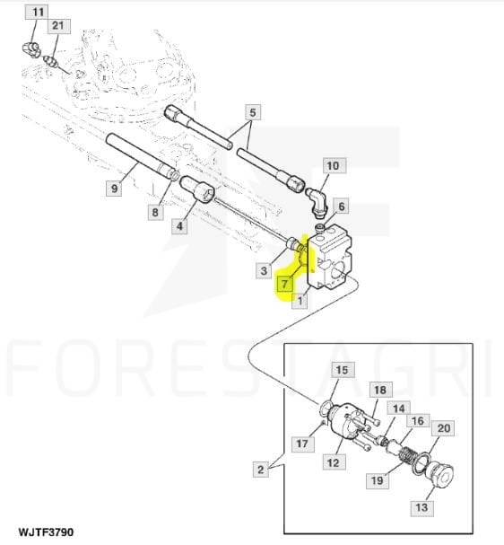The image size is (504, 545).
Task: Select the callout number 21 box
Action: coord(59,26)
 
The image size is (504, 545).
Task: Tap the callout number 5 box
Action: coord(253,112)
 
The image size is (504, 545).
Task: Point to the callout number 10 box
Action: coord(335,166)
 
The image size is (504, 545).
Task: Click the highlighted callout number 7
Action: coord(285,284)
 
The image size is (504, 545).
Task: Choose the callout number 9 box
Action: coord(114,189)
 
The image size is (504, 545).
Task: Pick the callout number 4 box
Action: coord(179,226)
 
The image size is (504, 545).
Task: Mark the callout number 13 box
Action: coord(421,508)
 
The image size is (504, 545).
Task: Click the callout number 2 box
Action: coord(260,470)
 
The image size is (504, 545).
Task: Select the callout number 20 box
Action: coord(443,428)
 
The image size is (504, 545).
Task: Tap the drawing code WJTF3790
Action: coord(46,532)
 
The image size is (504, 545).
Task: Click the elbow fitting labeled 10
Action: coord(317,200)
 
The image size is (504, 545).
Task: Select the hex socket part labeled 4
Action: coord(197,190)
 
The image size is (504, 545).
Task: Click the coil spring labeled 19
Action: coord(408,456)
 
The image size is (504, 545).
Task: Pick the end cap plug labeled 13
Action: coord(440,477)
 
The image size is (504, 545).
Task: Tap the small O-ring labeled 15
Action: coord(326,408)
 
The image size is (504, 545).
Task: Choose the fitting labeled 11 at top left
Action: coord(31,49)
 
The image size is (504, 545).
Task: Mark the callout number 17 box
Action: coord(302,444)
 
